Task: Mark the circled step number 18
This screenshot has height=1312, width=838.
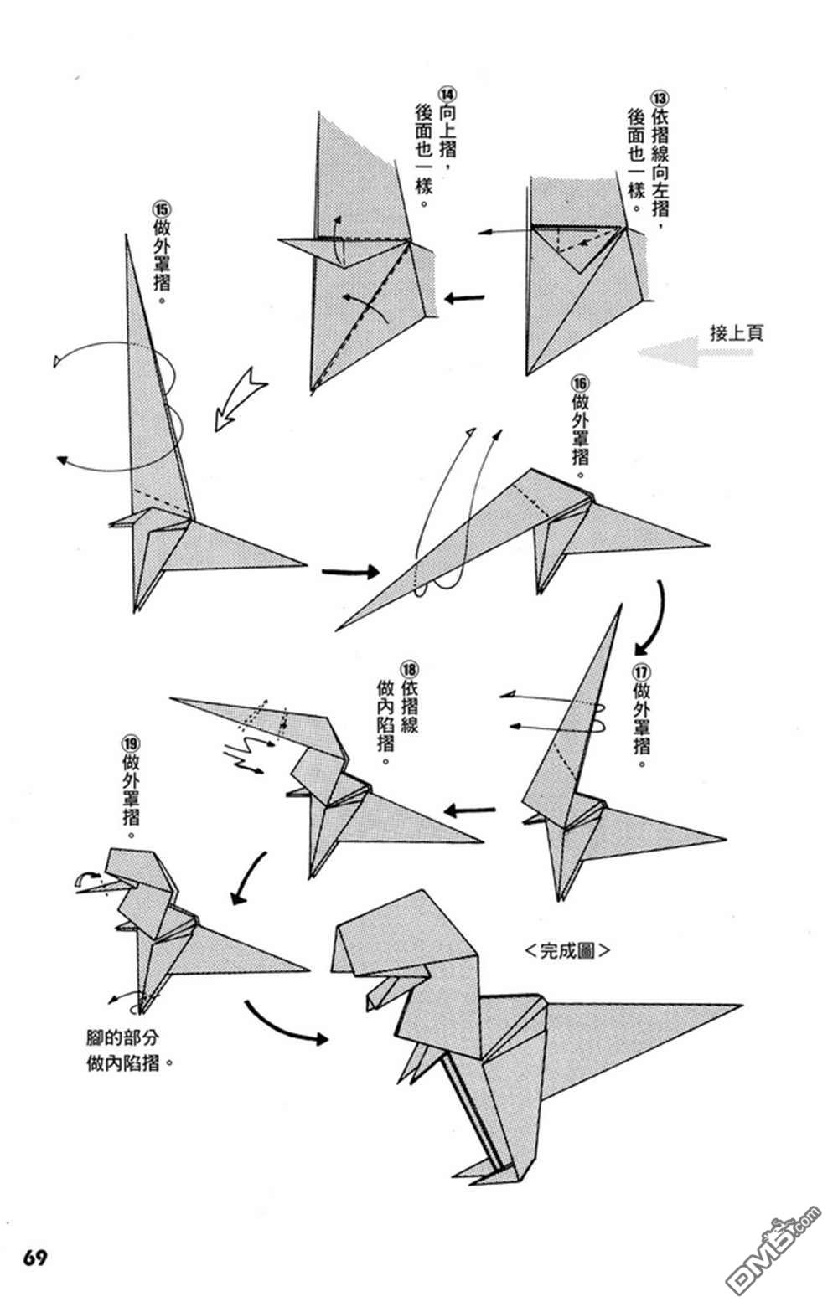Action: coord(409,669)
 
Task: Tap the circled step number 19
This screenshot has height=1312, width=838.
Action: coord(130,742)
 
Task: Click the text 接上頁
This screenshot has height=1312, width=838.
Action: coord(736,333)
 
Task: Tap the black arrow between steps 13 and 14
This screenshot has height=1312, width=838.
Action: coord(464,298)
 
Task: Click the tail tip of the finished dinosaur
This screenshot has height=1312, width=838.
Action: coord(739,1006)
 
